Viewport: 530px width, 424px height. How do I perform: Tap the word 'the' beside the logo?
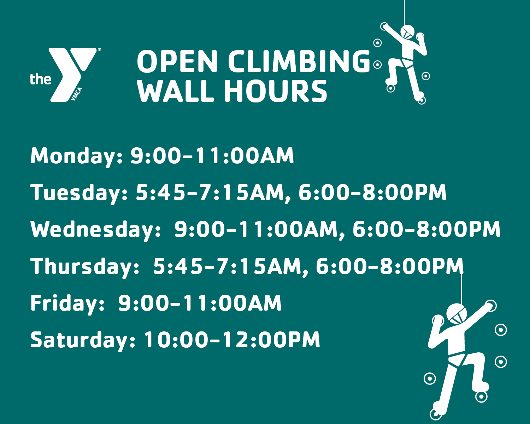(x=40, y=79)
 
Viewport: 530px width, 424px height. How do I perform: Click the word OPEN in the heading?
(x=177, y=61)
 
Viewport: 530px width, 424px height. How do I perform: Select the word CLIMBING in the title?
(x=299, y=61)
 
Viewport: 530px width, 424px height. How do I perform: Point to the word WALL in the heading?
(x=176, y=91)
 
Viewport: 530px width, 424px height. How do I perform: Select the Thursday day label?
(x=85, y=267)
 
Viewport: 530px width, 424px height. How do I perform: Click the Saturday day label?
(x=83, y=340)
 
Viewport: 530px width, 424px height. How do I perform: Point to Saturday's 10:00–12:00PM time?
(x=232, y=340)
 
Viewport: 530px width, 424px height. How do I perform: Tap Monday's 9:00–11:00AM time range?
(x=212, y=156)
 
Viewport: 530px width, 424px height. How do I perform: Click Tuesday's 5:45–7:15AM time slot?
(x=210, y=193)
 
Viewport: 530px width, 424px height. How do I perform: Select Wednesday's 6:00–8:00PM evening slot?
(x=426, y=229)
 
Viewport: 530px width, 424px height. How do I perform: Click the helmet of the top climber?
(x=407, y=32)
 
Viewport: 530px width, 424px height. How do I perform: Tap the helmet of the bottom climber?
(x=457, y=313)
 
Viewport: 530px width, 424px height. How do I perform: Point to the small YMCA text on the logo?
(x=76, y=94)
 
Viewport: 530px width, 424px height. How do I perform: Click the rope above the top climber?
(x=404, y=12)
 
